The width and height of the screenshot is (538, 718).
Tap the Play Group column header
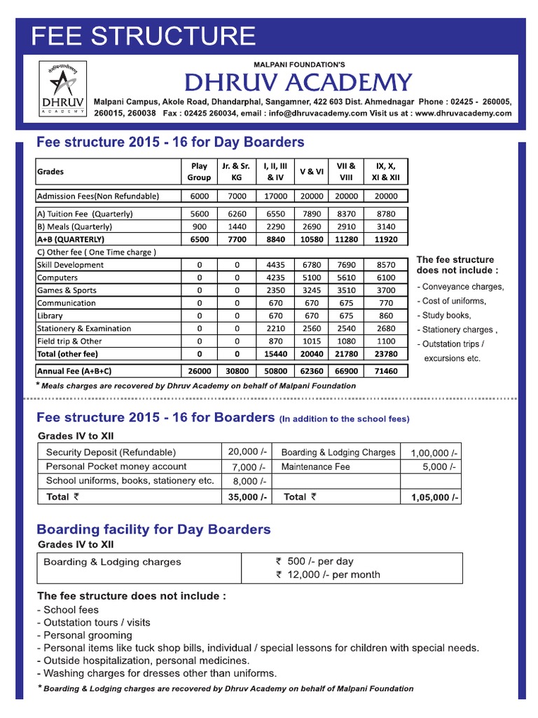point(199,172)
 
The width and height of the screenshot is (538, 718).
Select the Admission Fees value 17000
point(275,196)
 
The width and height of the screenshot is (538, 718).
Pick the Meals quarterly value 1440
point(237,226)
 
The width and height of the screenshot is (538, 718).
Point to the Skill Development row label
point(70,265)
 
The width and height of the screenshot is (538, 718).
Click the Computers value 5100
point(312,278)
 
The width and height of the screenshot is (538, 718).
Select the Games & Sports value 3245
point(312,290)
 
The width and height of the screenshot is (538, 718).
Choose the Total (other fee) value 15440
point(275,354)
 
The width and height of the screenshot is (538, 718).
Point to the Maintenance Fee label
point(315,466)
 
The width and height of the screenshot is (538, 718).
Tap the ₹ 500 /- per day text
point(315,562)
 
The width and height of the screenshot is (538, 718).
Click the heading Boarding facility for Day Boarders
point(153,529)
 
